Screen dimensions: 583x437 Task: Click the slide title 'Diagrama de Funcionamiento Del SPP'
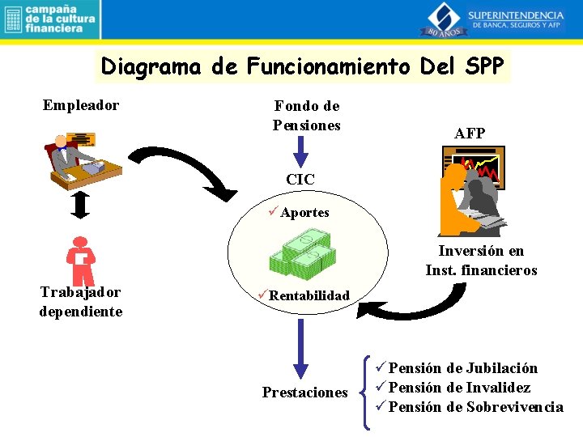tap(303, 66)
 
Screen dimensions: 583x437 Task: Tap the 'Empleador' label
tap(81, 105)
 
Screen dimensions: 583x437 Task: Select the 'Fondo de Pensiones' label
tap(306, 115)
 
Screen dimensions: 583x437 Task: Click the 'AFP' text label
tap(470, 134)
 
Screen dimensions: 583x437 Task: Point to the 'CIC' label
tap(300, 180)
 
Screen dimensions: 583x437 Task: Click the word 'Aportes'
tap(304, 212)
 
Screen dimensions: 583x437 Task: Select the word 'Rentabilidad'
tap(309, 295)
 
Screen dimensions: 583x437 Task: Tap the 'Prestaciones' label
tap(304, 392)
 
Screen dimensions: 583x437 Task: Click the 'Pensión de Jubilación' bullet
tap(462, 368)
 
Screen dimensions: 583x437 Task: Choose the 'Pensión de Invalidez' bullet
tap(459, 388)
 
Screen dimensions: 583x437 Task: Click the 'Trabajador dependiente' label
tap(81, 301)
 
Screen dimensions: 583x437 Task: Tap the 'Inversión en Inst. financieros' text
tap(481, 261)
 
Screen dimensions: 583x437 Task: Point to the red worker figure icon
tap(80, 261)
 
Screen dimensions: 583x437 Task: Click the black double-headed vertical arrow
tap(79, 206)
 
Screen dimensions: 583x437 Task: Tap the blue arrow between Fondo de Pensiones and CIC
tap(300, 151)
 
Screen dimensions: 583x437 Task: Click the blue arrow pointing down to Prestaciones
tap(300, 346)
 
